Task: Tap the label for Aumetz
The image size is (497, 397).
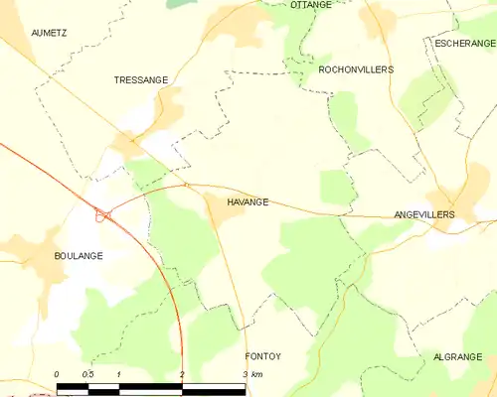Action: (48, 33)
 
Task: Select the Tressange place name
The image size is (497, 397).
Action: (141, 79)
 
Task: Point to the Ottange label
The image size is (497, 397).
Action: (311, 5)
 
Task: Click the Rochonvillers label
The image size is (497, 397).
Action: (356, 69)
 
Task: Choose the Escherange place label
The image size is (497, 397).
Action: (465, 43)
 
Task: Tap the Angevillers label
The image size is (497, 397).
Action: (424, 214)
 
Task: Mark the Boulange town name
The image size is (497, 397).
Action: (79, 255)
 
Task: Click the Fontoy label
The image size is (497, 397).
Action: (264, 354)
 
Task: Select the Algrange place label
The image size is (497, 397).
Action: (456, 355)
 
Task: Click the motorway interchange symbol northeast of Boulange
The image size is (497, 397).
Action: (102, 213)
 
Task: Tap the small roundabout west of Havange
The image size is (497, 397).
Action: (186, 184)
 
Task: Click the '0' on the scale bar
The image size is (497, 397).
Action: (58, 374)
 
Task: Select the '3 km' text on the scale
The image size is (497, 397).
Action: (252, 374)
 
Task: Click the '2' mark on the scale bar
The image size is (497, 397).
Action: (182, 374)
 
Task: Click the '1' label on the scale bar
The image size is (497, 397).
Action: (119, 374)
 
